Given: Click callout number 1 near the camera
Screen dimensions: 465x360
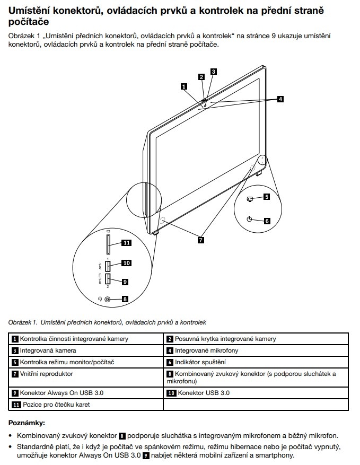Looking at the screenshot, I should click(184, 85).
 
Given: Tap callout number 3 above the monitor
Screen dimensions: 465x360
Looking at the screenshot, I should click(213, 71).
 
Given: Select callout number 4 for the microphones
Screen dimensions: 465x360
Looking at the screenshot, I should click(280, 99).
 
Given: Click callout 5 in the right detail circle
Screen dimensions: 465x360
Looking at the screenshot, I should click(267, 197).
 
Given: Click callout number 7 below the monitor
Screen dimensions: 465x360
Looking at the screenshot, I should click(201, 240).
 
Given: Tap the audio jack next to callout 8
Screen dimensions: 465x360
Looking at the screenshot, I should click(108, 299).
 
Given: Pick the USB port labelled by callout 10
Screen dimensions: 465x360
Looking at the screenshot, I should click(108, 264).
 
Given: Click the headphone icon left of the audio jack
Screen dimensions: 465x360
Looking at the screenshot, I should click(100, 299).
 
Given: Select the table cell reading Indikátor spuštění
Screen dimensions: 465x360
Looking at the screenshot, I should click(200, 363).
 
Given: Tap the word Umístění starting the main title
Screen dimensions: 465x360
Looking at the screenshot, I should click(34, 11).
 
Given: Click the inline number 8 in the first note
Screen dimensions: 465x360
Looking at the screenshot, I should click(121, 436).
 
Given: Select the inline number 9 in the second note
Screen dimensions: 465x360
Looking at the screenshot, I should click(146, 455).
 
